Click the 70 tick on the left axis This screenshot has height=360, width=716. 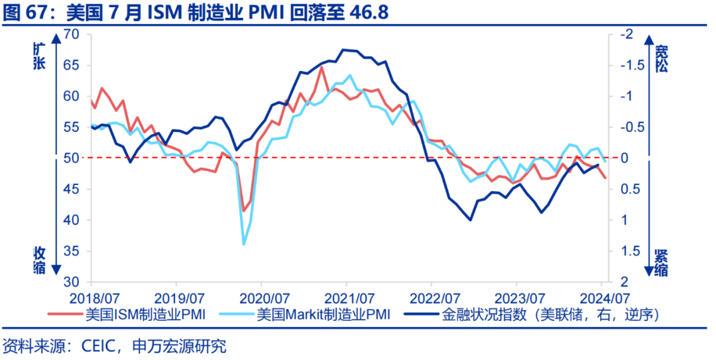(71, 34)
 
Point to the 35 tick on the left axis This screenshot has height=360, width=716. (71, 251)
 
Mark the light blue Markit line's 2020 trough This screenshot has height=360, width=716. (243, 244)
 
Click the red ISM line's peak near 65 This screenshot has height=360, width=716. (322, 67)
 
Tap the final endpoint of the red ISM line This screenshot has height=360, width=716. (605, 178)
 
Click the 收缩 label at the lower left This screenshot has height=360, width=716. (40, 259)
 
